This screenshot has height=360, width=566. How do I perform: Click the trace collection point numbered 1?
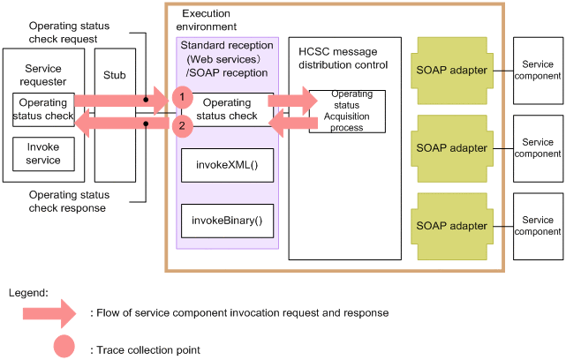[182, 95]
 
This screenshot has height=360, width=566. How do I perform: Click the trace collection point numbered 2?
[182, 126]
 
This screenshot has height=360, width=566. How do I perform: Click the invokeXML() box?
[227, 165]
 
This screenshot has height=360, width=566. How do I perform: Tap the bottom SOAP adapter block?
[451, 226]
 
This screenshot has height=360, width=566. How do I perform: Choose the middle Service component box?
[538, 148]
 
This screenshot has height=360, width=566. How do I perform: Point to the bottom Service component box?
[538, 226]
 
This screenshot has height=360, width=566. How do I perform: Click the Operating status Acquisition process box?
[346, 110]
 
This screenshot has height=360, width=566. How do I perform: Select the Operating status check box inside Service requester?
[43, 110]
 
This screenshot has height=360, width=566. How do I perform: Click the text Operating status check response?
[67, 201]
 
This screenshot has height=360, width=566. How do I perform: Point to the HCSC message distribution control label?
[343, 57]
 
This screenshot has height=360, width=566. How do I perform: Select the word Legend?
[28, 291]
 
